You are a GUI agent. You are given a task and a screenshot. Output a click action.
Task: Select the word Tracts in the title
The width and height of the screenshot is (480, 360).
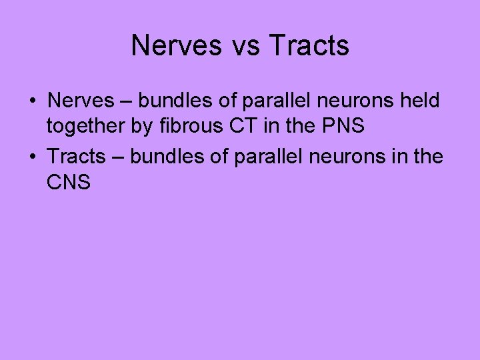(309, 46)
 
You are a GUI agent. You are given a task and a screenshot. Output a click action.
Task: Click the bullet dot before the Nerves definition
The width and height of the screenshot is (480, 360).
(32, 101)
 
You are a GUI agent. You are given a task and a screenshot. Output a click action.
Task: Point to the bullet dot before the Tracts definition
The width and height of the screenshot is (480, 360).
(32, 157)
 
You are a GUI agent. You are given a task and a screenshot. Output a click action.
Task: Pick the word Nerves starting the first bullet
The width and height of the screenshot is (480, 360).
(75, 101)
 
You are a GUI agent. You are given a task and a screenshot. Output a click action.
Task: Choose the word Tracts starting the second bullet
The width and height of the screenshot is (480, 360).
(77, 157)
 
